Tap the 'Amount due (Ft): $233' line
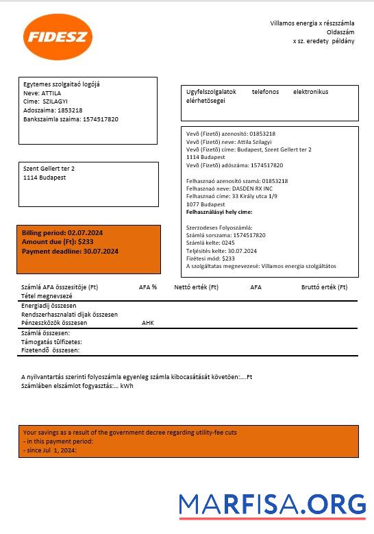(x=58, y=242)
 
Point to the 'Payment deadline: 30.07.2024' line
(x=70, y=252)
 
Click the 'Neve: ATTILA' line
(x=42, y=93)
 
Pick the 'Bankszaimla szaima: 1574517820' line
(x=71, y=119)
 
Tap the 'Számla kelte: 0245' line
(x=211, y=243)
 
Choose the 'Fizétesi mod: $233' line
(x=210, y=258)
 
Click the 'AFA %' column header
(x=148, y=287)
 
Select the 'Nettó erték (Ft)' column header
(x=196, y=287)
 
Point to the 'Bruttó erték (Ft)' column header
(x=324, y=287)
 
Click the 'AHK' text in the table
(x=148, y=322)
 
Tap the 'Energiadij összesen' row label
(x=49, y=305)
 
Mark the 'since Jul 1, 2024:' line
(x=50, y=450)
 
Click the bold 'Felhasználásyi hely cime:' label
(x=219, y=212)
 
